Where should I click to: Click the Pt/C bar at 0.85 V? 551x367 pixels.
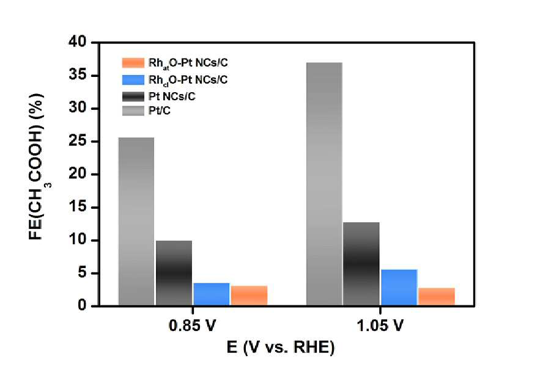[136, 222]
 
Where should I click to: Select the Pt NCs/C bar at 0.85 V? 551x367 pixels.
[174, 273]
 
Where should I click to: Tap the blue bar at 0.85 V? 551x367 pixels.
[212, 294]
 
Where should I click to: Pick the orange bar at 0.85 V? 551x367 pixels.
[249, 296]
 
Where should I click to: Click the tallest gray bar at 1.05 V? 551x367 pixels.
[324, 184]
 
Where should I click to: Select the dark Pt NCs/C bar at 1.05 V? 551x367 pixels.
[361, 264]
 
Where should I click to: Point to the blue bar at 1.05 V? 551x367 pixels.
[399, 288]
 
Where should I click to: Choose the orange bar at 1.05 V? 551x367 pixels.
[437, 297]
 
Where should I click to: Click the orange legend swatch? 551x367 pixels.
[133, 63]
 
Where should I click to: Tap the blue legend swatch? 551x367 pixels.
[133, 80]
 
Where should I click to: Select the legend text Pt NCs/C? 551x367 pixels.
[172, 96]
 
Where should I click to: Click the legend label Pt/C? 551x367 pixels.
[160, 111]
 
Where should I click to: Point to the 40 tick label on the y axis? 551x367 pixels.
[77, 42]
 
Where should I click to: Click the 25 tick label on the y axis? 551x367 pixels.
[77, 142]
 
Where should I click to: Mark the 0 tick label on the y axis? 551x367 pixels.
[82, 305]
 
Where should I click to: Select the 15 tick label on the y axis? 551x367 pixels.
[77, 208]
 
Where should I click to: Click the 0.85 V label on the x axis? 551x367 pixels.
[192, 325]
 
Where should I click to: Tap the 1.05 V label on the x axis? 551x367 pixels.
[380, 325]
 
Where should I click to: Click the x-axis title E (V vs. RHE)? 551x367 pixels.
[281, 347]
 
